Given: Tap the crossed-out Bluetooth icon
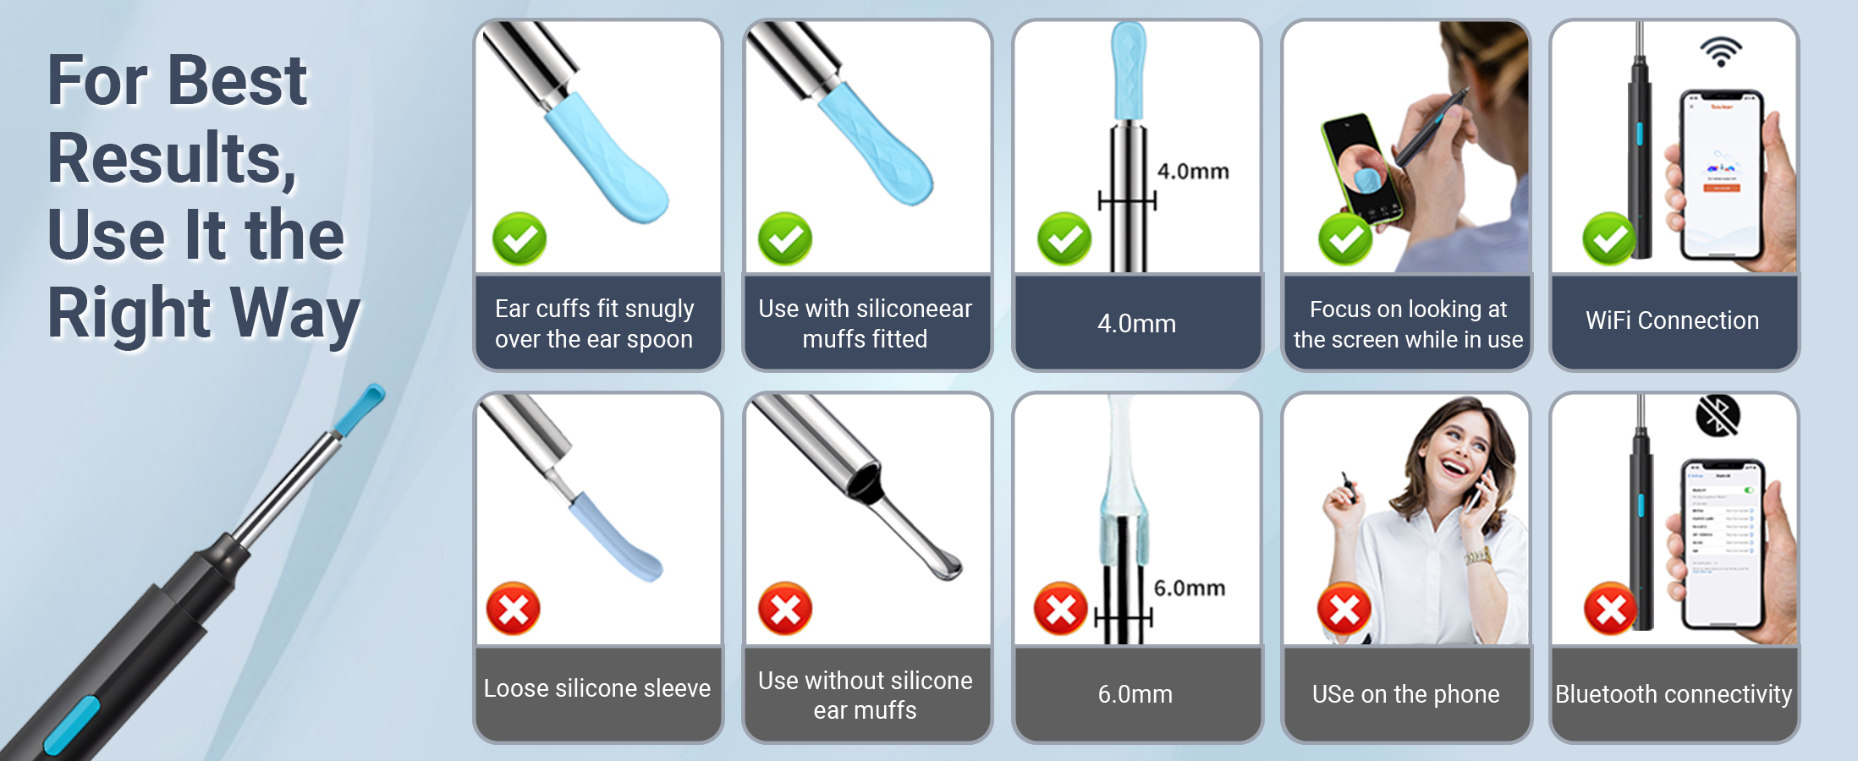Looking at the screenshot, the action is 1718,415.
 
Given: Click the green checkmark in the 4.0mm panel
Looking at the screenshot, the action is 1064,238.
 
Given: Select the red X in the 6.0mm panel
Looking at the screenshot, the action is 1060,609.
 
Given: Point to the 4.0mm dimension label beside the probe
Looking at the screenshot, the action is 1193,172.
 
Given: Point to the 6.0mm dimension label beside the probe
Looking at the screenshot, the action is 1190,589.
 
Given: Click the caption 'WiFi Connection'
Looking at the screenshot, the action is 1673,320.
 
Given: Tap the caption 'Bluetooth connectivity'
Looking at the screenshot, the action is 1674,694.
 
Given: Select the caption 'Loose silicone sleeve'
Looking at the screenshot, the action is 597,688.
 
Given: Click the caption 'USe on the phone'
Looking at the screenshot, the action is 1406,694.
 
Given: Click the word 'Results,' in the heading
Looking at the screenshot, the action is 173,158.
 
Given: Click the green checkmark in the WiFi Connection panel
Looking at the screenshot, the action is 1609,238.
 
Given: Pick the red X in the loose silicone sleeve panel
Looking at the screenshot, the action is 514,609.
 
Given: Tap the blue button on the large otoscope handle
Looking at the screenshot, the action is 71,725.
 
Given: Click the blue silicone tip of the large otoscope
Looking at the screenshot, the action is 359,409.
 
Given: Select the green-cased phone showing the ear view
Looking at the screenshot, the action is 1361,168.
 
